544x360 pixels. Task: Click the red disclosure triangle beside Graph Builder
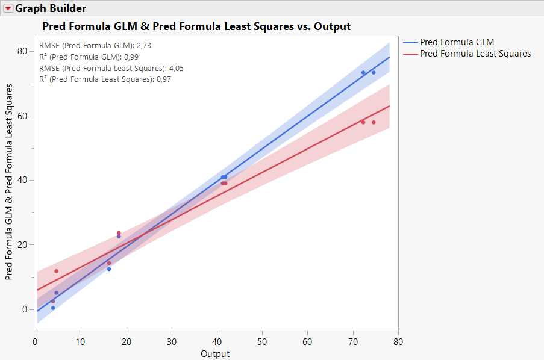pos(8,8)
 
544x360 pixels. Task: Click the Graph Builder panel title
pos(51,8)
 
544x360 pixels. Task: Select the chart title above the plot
pos(196,26)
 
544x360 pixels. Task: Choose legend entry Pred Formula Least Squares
pos(475,54)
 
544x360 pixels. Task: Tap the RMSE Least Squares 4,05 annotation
pos(111,69)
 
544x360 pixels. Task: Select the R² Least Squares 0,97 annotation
pos(105,79)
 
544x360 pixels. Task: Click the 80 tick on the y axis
pos(23,51)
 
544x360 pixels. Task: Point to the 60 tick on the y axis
pos(23,116)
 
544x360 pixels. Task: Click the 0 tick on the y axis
pos(25,309)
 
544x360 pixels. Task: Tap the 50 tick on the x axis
pos(262,342)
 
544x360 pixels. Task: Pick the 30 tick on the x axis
pos(171,342)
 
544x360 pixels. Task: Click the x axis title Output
pos(215,354)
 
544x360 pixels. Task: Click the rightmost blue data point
pos(374,73)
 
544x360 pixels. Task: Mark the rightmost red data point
pos(374,123)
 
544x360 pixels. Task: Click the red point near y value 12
pos(57,271)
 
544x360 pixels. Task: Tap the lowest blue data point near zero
pos(53,308)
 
